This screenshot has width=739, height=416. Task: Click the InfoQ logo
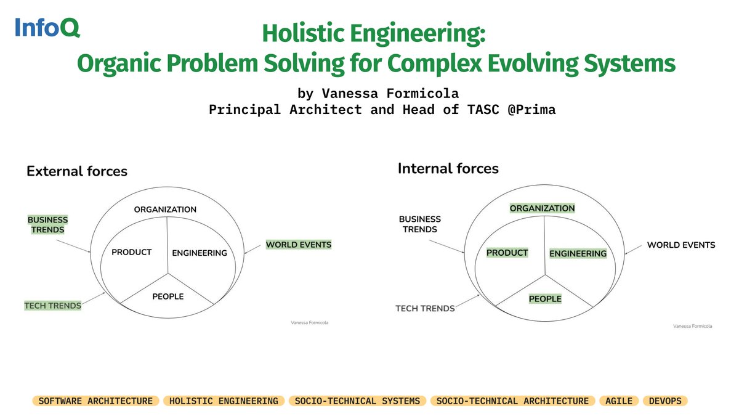tap(47, 28)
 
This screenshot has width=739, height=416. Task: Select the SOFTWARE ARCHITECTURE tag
tap(95, 401)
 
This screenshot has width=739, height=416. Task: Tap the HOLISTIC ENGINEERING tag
tap(224, 401)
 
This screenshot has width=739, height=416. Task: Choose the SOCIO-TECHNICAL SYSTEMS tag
tap(357, 401)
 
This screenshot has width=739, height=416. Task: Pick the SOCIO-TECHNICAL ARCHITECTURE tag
tap(512, 401)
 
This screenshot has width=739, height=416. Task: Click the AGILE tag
tap(619, 401)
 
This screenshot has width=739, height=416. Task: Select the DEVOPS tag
tap(664, 401)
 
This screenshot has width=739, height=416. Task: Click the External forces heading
tap(77, 171)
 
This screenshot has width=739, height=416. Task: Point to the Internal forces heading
tap(448, 168)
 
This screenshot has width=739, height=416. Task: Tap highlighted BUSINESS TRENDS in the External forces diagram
tap(47, 225)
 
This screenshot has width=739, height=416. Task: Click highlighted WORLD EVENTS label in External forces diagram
tap(298, 245)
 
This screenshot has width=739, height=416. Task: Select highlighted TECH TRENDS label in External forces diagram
tap(52, 305)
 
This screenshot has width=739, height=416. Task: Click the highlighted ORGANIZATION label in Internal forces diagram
tap(542, 208)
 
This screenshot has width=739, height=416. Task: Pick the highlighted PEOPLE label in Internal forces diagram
tap(545, 299)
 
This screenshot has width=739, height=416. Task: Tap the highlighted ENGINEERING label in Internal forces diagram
tap(578, 253)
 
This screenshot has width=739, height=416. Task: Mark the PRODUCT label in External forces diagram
tap(131, 252)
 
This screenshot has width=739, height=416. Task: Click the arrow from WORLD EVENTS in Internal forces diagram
tap(632, 249)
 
